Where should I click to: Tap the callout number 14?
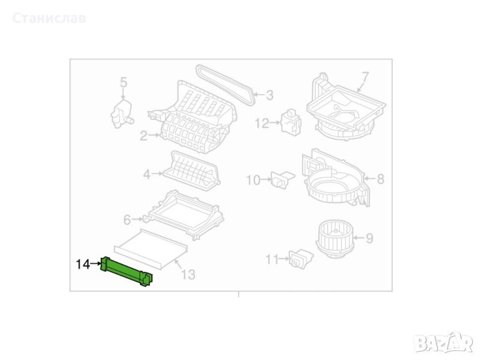click(83, 264)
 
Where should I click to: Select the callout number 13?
click(188, 275)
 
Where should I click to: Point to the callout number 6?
click(127, 220)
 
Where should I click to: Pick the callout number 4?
click(147, 175)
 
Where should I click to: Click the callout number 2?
click(143, 136)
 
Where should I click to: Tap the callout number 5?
click(123, 83)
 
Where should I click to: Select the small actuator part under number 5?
click(122, 113)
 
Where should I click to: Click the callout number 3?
click(269, 95)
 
